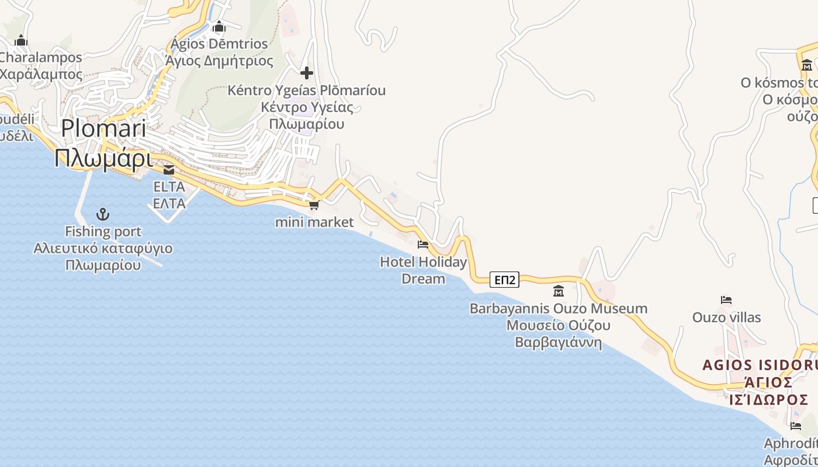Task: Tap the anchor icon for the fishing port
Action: [103, 214]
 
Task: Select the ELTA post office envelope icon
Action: [169, 170]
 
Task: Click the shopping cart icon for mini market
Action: [314, 205]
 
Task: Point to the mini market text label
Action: [314, 222]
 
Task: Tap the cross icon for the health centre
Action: [306, 73]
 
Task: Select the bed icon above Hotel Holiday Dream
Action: [423, 244]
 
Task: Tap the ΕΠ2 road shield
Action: [504, 280]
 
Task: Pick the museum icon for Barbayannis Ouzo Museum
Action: [559, 291]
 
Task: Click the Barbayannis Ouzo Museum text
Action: [559, 308]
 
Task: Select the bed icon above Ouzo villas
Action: [726, 300]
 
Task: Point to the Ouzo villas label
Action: [727, 318]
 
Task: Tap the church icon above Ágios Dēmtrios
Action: [219, 26]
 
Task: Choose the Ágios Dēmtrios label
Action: [219, 44]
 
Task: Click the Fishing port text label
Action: [103, 232]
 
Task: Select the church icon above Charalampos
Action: [21, 40]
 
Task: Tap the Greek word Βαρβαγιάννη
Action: [558, 342]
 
